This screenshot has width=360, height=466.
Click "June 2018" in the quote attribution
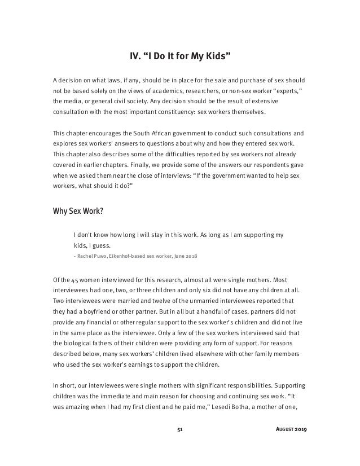tap(184, 256)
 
